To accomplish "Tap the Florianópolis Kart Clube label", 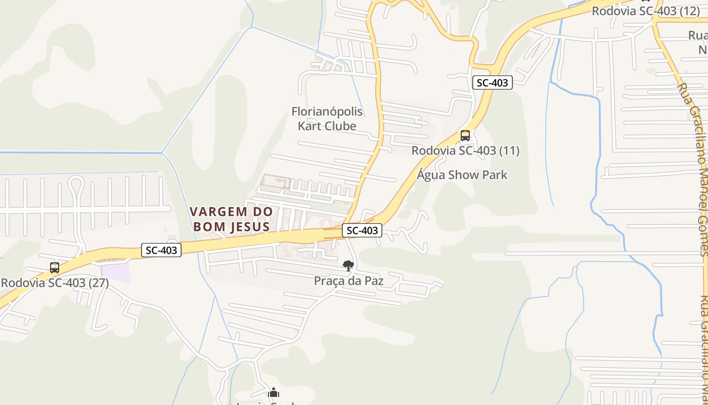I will [x=327, y=118].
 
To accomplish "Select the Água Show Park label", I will [x=462, y=175].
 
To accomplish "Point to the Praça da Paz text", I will [x=348, y=280].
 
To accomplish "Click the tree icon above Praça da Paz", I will [x=348, y=265].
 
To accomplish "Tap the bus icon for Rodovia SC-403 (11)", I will [x=465, y=136].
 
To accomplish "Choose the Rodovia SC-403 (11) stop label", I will [x=465, y=150].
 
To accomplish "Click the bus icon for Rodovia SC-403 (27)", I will [x=55, y=268].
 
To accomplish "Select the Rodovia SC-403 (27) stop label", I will [x=55, y=282].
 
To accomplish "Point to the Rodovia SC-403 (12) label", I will [x=646, y=11].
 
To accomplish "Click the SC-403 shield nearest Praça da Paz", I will [x=362, y=230].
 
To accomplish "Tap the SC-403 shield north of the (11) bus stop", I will [x=493, y=83].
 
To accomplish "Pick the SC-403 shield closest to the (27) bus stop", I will [x=161, y=250].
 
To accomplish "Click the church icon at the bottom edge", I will [x=274, y=393].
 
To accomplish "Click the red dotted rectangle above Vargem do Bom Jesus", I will [x=276, y=182].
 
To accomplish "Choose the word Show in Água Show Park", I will [x=462, y=175].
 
